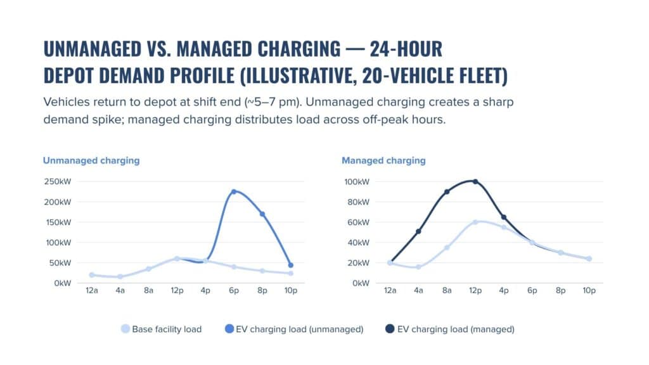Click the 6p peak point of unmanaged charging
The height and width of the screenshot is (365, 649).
pos(233,191)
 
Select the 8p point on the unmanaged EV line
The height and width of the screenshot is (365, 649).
pos(262,214)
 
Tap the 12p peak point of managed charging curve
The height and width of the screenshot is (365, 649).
pos(475,181)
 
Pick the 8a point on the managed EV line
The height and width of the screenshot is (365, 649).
pos(447,191)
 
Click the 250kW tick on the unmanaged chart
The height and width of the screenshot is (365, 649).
pos(56,182)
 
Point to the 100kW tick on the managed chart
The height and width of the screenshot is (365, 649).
pos(356,182)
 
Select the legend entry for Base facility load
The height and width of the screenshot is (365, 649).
pos(162,329)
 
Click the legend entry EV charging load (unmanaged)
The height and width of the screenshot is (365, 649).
pos(294,329)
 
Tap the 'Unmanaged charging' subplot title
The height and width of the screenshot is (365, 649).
pos(91,160)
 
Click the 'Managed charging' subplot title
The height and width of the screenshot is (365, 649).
pos(383,160)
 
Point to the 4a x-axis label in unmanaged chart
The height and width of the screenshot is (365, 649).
pos(120,290)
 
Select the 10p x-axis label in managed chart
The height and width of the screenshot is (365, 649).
pos(589,290)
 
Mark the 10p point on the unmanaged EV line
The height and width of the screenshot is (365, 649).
pos(290,266)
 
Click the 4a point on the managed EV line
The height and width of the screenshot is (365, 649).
pos(418,231)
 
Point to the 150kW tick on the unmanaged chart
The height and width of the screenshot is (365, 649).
pos(56,222)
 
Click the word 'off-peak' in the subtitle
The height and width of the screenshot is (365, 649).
pos(364,120)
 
